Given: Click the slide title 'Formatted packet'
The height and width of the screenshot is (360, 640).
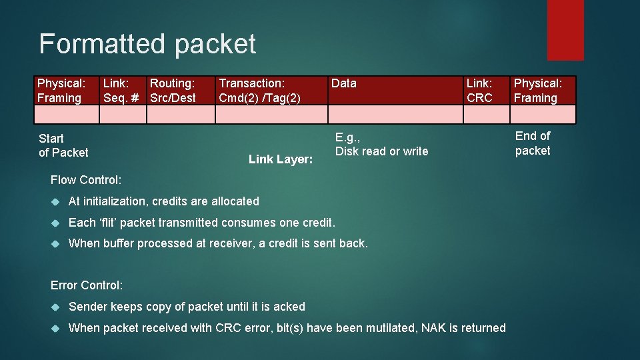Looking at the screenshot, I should pyautogui.click(x=147, y=44).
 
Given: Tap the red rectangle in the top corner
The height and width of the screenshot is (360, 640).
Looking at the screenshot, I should pyautogui.click(x=565, y=29).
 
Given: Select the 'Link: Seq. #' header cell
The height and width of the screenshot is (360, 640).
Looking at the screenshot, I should pyautogui.click(x=122, y=91).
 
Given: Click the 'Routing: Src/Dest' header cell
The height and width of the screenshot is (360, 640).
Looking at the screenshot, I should pyautogui.click(x=173, y=91).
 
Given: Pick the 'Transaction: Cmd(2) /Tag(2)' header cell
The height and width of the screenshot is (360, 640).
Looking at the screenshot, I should pyautogui.click(x=260, y=91).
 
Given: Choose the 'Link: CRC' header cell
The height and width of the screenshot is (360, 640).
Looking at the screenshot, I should pyautogui.click(x=479, y=91).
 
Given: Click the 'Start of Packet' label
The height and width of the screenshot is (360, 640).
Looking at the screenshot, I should pyautogui.click(x=63, y=145).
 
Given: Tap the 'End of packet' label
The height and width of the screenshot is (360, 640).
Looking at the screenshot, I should pyautogui.click(x=533, y=143).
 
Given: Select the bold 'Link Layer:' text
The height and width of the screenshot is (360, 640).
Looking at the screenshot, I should pyautogui.click(x=281, y=159).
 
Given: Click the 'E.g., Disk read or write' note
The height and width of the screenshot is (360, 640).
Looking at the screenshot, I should pyautogui.click(x=381, y=145).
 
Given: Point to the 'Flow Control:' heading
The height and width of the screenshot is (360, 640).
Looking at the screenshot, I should pyautogui.click(x=86, y=180).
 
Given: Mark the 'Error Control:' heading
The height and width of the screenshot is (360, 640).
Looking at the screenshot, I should pyautogui.click(x=87, y=285).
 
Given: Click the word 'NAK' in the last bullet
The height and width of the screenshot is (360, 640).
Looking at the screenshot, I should pyautogui.click(x=433, y=328).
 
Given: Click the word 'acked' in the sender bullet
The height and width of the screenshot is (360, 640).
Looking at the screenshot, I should pyautogui.click(x=289, y=307).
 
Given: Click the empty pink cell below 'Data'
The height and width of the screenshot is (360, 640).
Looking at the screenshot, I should pyautogui.click(x=395, y=115).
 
